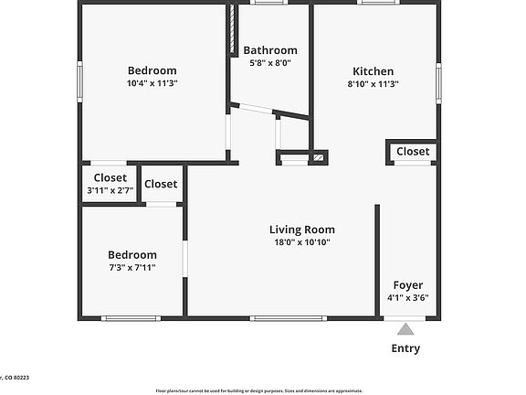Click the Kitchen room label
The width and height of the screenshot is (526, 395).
(x=373, y=71)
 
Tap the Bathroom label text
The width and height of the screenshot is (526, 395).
(x=269, y=50)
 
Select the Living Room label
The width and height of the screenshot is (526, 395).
(x=301, y=230)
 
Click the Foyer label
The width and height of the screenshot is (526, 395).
(x=407, y=284)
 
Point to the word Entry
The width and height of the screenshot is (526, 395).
(x=405, y=348)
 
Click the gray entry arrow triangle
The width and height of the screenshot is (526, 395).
(x=405, y=328)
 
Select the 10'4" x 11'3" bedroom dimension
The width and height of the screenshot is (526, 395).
(x=152, y=83)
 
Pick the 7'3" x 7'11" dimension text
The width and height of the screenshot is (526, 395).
(x=132, y=268)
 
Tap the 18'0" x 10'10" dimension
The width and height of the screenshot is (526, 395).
(x=301, y=242)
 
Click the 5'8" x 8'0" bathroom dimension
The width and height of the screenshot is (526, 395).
(x=269, y=63)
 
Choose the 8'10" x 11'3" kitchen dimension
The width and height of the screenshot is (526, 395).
(x=373, y=83)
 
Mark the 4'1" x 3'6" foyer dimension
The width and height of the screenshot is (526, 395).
(x=407, y=297)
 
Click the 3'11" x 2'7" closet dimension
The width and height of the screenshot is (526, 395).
(x=110, y=190)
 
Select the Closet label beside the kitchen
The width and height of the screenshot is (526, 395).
(x=413, y=151)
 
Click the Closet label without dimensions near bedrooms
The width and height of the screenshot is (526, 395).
(x=161, y=184)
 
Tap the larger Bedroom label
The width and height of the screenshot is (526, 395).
(x=152, y=70)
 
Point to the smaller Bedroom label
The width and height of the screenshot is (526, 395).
(x=132, y=255)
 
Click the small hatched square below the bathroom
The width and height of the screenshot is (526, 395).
(x=318, y=158)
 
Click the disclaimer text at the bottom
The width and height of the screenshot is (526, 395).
(x=259, y=390)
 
